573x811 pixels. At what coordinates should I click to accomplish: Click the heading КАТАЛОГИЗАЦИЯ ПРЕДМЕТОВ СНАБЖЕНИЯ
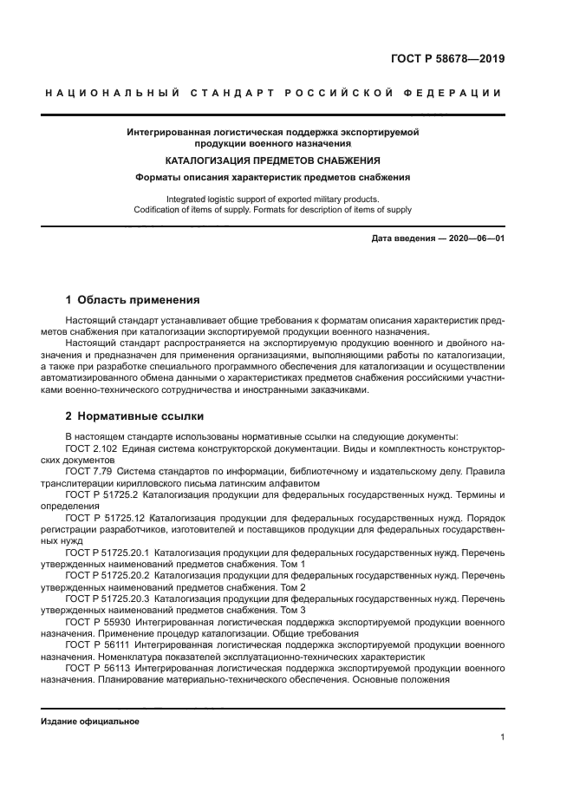(273, 160)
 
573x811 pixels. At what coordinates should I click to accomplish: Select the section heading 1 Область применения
(133, 300)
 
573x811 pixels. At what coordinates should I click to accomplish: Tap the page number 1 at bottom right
(502, 737)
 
